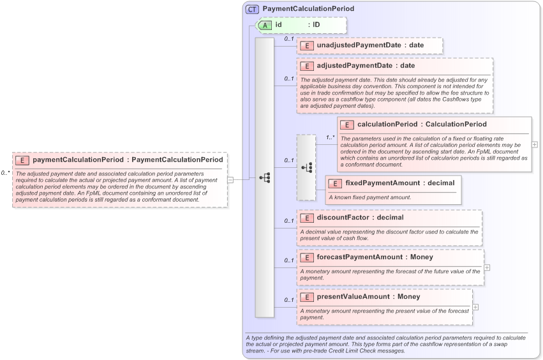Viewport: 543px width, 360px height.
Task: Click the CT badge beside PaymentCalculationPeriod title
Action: pyautogui.click(x=253, y=10)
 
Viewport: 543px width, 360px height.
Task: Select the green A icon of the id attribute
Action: pyautogui.click(x=265, y=25)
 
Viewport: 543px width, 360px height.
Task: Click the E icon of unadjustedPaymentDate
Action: pyautogui.click(x=307, y=45)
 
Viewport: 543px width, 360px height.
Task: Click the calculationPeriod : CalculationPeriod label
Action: pyautogui.click(x=422, y=124)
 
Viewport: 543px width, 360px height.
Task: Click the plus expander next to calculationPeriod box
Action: pyautogui.click(x=535, y=145)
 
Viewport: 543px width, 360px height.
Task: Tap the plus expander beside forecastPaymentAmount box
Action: pyautogui.click(x=487, y=267)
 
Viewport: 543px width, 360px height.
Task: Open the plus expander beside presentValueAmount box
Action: pyautogui.click(x=475, y=307)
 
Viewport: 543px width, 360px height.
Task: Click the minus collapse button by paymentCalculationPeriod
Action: pyautogui.click(x=230, y=180)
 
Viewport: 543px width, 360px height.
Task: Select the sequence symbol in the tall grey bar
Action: pyautogui.click(x=265, y=178)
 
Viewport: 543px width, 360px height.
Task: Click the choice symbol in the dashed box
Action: pyautogui.click(x=306, y=167)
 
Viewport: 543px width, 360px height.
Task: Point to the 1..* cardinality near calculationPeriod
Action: pyautogui.click(x=331, y=137)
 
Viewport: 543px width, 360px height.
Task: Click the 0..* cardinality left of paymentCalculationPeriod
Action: pyautogui.click(x=5, y=173)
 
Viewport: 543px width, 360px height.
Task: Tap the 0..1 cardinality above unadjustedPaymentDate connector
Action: pyautogui.click(x=288, y=39)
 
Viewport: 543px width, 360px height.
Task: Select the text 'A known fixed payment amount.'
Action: pyautogui.click(x=369, y=197)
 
